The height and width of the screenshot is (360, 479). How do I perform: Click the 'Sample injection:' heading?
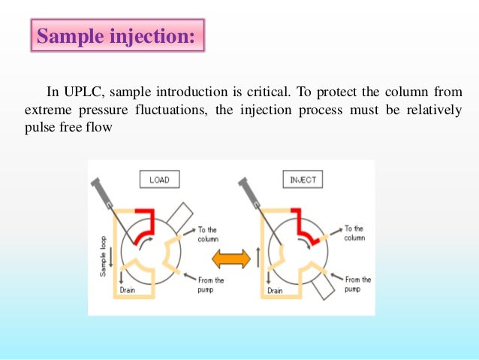click(x=117, y=36)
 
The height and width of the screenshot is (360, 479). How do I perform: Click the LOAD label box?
click(x=159, y=180)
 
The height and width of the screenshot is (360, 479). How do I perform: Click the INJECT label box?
click(x=303, y=180)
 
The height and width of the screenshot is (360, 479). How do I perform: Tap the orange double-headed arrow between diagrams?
click(x=230, y=259)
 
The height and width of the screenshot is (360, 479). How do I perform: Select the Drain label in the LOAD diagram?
click(x=128, y=289)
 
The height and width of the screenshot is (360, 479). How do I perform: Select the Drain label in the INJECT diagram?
click(x=275, y=289)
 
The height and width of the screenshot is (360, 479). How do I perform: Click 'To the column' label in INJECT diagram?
click(x=353, y=233)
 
